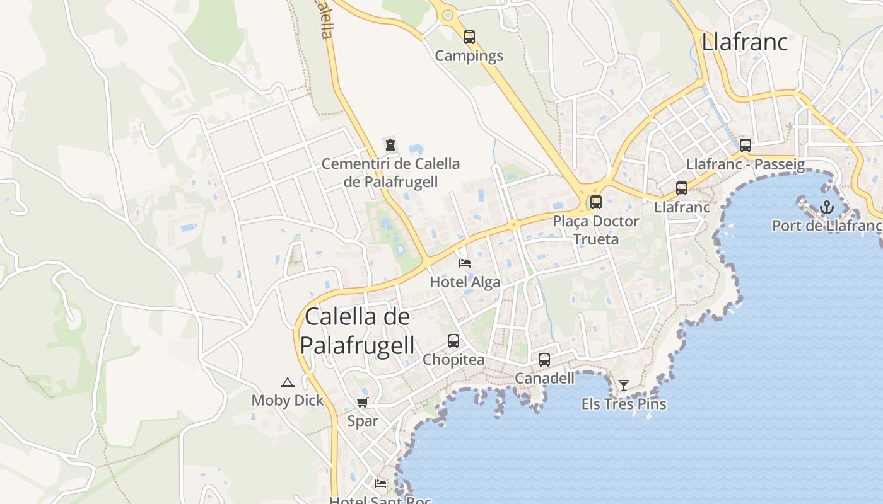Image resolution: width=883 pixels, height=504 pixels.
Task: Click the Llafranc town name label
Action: click(x=744, y=42)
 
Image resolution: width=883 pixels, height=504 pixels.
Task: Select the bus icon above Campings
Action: click(x=469, y=37)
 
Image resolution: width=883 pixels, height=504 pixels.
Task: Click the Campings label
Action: click(x=469, y=56)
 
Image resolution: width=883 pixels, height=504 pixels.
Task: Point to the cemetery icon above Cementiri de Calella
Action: click(x=390, y=145)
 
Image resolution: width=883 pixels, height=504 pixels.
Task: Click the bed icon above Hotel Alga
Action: click(x=465, y=263)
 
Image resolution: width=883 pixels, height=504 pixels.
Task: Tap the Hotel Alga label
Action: click(x=465, y=282)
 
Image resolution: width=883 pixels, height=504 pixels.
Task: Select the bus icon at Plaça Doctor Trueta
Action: click(x=595, y=202)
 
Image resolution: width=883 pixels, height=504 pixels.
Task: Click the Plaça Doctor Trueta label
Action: click(x=595, y=230)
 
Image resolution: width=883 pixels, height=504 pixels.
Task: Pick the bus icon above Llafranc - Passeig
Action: click(x=745, y=146)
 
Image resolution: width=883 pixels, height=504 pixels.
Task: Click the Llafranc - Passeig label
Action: click(x=745, y=165)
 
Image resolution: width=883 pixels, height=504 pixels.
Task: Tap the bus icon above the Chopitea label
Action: click(x=453, y=341)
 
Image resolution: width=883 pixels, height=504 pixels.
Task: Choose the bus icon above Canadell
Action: click(x=544, y=360)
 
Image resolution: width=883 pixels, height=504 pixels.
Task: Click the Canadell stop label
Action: click(x=544, y=378)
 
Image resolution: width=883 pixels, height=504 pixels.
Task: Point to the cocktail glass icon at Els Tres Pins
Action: click(x=624, y=385)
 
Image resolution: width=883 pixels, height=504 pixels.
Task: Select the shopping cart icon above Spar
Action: click(x=362, y=403)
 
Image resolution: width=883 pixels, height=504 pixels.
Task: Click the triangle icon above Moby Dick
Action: click(x=288, y=382)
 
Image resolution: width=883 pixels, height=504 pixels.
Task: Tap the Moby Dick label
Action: click(x=288, y=401)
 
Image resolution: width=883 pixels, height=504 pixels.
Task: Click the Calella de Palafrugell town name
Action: click(x=357, y=331)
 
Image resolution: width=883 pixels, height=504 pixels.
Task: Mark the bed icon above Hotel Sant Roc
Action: click(x=380, y=484)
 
